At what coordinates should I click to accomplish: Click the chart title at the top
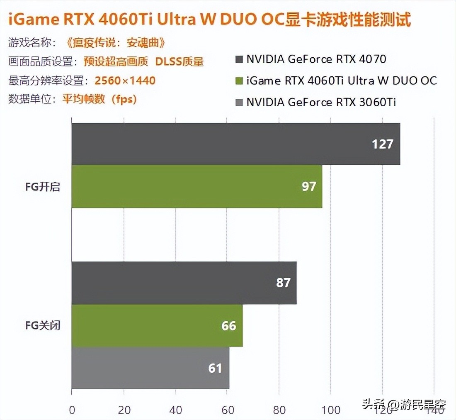point(209,20)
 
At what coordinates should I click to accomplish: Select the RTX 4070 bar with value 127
point(235,144)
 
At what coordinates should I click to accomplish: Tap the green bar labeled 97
point(196,186)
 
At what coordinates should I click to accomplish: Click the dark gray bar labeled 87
point(184,283)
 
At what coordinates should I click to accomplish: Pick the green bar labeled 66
point(157,325)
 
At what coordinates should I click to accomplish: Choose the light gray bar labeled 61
point(150,368)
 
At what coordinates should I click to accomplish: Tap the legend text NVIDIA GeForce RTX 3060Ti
point(321,102)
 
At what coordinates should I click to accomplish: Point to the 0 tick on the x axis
point(72,410)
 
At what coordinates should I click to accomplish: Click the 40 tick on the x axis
point(176,410)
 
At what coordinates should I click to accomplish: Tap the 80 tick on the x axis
point(279,410)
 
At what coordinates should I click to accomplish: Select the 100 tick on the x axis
point(331,410)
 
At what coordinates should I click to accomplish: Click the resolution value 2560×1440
point(125,81)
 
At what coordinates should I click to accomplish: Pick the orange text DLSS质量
point(179,61)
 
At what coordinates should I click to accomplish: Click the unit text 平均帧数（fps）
point(99,99)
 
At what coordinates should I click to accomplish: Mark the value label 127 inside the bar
point(382,144)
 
